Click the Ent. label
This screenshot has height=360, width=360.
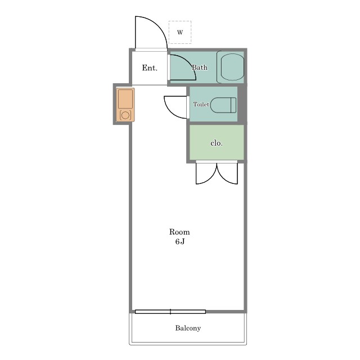(x=150, y=68)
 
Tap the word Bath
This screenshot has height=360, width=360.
(x=200, y=67)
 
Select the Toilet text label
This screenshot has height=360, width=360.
(x=201, y=104)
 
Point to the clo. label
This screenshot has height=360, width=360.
(x=217, y=143)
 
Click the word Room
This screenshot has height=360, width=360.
(x=179, y=232)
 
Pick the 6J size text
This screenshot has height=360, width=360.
(x=180, y=241)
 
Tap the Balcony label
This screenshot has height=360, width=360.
(x=188, y=328)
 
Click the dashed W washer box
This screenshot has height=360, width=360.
(x=180, y=32)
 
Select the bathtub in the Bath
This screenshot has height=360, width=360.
(x=231, y=67)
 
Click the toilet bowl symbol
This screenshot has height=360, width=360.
(x=223, y=105)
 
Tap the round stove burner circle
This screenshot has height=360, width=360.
(x=125, y=115)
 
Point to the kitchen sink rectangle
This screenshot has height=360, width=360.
(x=125, y=99)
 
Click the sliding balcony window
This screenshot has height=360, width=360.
(x=170, y=312)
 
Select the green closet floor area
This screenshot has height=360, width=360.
(x=217, y=142)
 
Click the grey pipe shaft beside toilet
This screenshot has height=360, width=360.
(x=242, y=104)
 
